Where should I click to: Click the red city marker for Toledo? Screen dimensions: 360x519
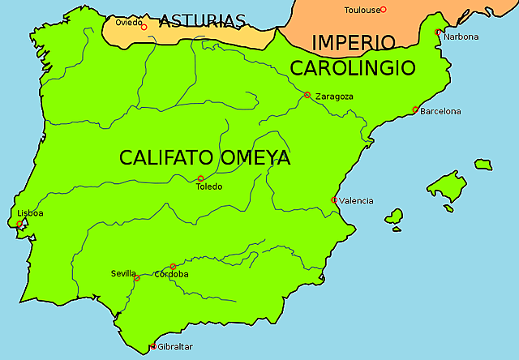pos(200,178)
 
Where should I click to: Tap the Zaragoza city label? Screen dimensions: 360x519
pos(335,96)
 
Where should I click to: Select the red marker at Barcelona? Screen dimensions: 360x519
pos(415,109)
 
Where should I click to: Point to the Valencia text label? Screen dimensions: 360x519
pos(356,200)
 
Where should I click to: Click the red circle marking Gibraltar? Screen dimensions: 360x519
pos(153,347)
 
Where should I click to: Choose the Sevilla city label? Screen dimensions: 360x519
pos(124,273)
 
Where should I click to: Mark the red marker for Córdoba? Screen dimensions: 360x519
pos(173,267)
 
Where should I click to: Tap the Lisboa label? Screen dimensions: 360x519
pos(30,213)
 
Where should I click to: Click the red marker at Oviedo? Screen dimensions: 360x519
pos(144,27)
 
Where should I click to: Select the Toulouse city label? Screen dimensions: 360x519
pos(362,10)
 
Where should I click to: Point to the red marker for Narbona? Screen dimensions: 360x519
pos(438,32)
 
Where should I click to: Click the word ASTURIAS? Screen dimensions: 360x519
pos(202,21)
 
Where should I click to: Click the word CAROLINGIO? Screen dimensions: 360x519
pos(353,67)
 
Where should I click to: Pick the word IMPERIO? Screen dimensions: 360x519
pos(354,42)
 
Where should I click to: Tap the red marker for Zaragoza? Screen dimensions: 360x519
pos(307,95)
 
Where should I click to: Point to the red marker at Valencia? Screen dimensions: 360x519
pos(334,199)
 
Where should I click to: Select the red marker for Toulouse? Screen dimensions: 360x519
pos(384,10)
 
